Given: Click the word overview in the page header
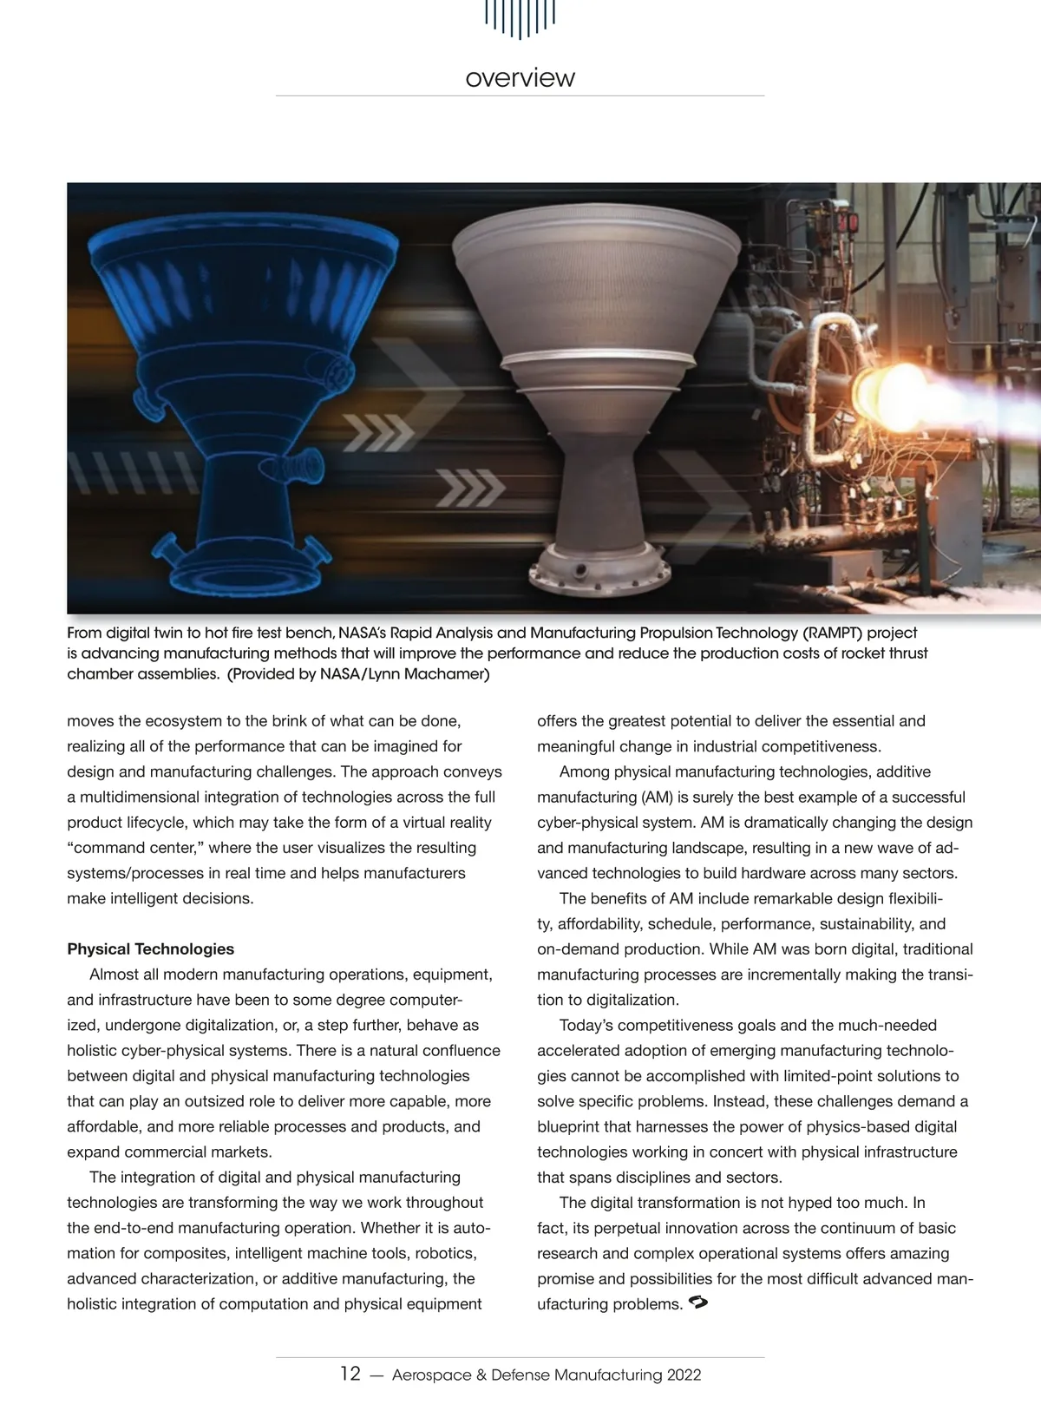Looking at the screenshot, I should click(x=520, y=78).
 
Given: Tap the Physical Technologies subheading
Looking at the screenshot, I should click(x=150, y=949).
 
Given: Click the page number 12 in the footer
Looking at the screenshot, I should click(x=350, y=1375).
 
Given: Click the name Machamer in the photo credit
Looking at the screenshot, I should click(x=445, y=674).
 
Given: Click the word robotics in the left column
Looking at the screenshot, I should click(x=446, y=1254).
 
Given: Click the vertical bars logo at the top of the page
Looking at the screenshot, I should click(x=520, y=17).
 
